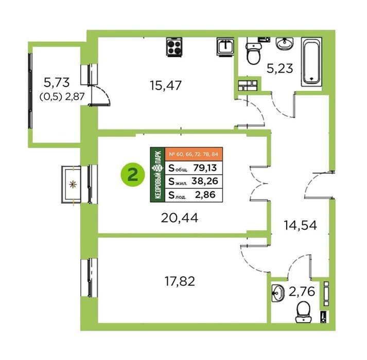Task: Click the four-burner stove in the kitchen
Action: pyautogui.click(x=174, y=47)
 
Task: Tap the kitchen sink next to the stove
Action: pyautogui.click(x=225, y=47)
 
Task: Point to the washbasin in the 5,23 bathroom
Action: pyautogui.click(x=284, y=44)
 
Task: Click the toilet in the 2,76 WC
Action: pyautogui.click(x=303, y=312)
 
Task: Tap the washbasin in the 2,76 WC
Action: pyautogui.click(x=278, y=293)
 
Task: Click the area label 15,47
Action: pyautogui.click(x=165, y=85)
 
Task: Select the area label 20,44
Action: pyautogui.click(x=180, y=218)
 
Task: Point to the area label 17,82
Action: pyautogui.click(x=180, y=281)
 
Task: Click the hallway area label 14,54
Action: pyautogui.click(x=300, y=225)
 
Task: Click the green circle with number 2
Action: pyautogui.click(x=133, y=175)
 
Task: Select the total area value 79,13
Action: pyautogui.click(x=205, y=168)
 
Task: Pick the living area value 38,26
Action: pyautogui.click(x=205, y=181)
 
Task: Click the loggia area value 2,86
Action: pyautogui.click(x=205, y=194)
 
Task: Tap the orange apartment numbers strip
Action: pyautogui.click(x=194, y=154)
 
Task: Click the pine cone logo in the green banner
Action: pyautogui.click(x=158, y=168)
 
